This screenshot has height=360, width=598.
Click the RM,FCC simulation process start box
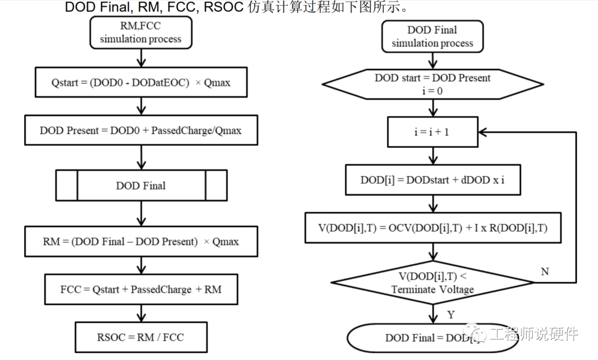coord(141,32)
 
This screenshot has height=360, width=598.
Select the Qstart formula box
coord(141,83)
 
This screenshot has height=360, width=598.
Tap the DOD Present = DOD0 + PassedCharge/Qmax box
coord(141,130)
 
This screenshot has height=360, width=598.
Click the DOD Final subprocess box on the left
coord(141,185)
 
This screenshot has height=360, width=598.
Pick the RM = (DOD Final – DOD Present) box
coord(141,241)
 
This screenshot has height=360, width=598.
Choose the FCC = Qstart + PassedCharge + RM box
coord(141,289)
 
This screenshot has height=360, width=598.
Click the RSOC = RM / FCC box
coord(141,337)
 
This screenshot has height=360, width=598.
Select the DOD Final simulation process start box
coord(432,37)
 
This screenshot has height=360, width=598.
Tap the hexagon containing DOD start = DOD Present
coord(432,84)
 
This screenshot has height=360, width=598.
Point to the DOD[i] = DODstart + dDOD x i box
coord(432,181)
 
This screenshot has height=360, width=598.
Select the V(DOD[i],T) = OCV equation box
coord(432,228)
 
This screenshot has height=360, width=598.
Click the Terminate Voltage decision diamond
coord(432,282)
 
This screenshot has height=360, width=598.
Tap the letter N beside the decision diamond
coord(545,271)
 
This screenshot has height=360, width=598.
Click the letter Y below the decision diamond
coord(451,315)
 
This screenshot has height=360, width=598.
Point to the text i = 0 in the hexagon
coord(432,91)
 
